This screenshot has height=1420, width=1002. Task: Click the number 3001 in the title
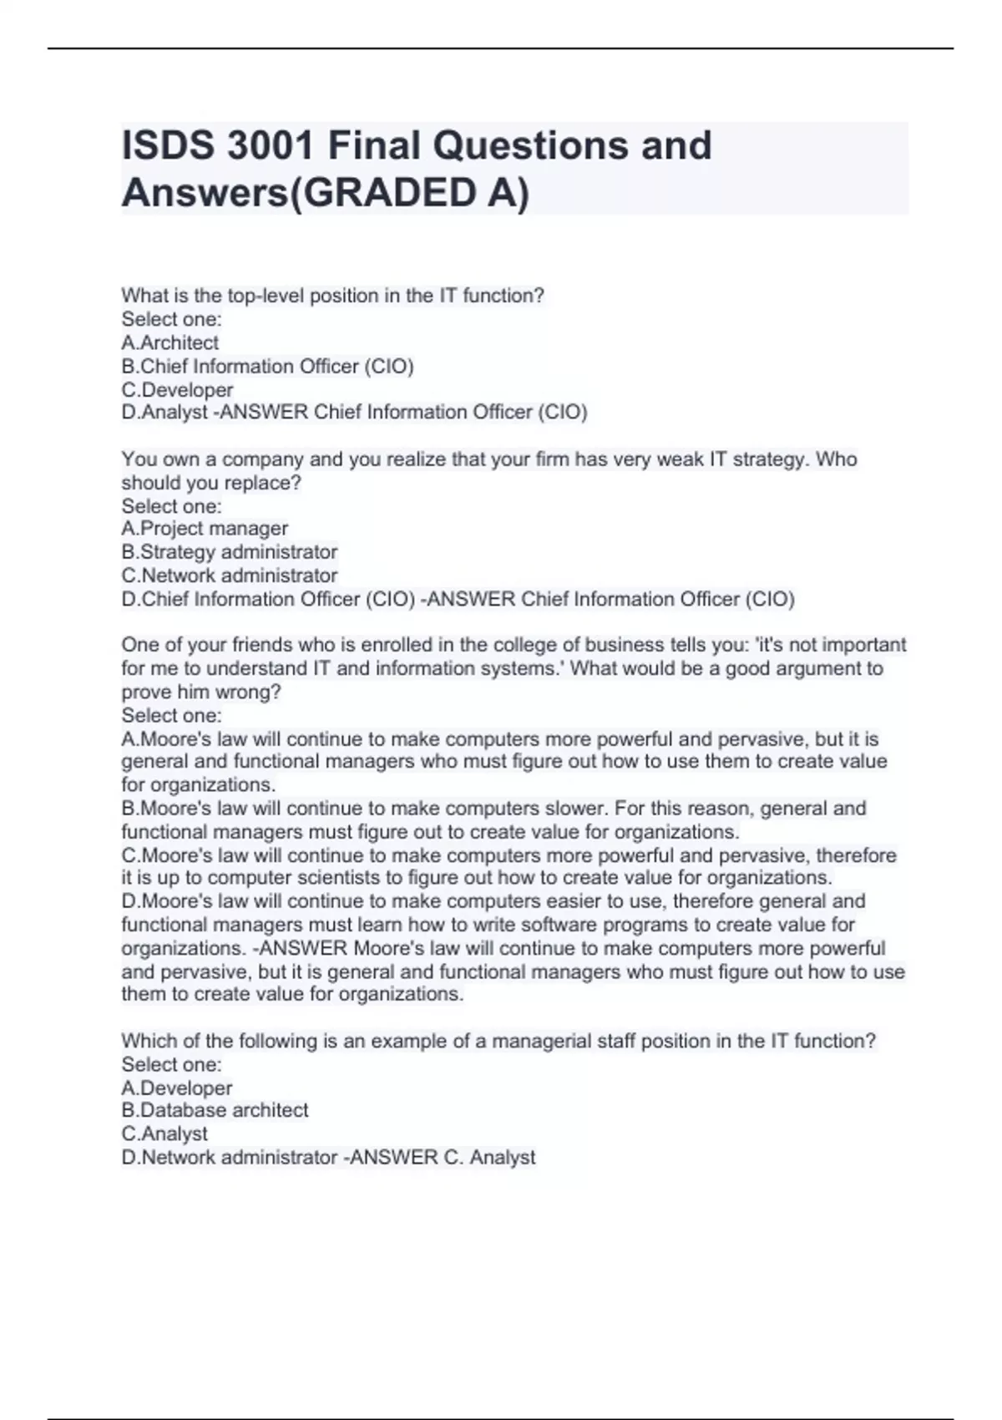point(271,145)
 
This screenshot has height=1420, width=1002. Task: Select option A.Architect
point(170,342)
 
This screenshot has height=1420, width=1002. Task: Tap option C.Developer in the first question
point(177,389)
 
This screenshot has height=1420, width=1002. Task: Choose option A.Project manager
point(205,529)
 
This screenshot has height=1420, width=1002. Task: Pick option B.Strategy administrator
point(230,552)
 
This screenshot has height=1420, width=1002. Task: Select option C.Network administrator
point(230,576)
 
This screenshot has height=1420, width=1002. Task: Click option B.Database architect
point(215,1110)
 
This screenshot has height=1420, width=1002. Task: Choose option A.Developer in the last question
point(177,1088)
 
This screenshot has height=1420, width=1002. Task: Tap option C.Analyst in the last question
point(164,1133)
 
